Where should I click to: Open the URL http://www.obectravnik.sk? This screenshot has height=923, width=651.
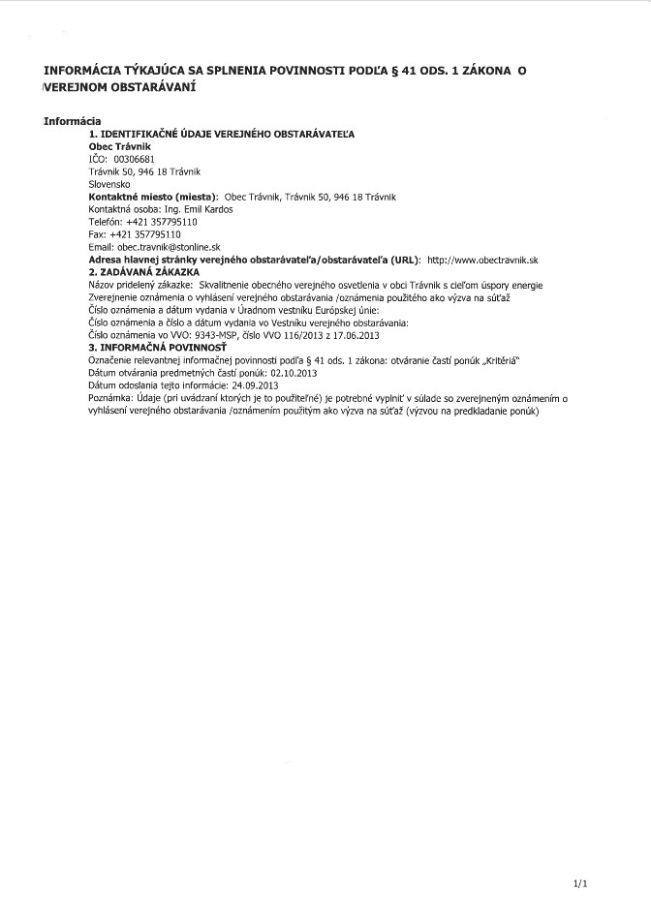pyautogui.click(x=482, y=261)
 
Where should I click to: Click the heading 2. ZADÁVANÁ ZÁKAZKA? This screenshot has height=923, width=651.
pyautogui.click(x=143, y=273)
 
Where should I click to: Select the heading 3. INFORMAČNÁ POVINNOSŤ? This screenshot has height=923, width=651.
pyautogui.click(x=157, y=347)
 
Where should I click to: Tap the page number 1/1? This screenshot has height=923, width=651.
pyautogui.click(x=580, y=883)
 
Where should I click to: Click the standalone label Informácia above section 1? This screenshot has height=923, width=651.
pyautogui.click(x=73, y=120)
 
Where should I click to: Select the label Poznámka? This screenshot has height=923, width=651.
pyautogui.click(x=111, y=398)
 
